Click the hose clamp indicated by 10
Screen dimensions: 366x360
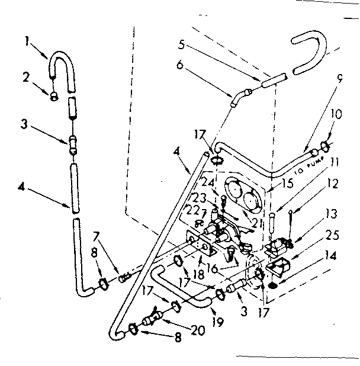[x=324, y=145]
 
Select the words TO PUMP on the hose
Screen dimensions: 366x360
[x=306, y=166]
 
